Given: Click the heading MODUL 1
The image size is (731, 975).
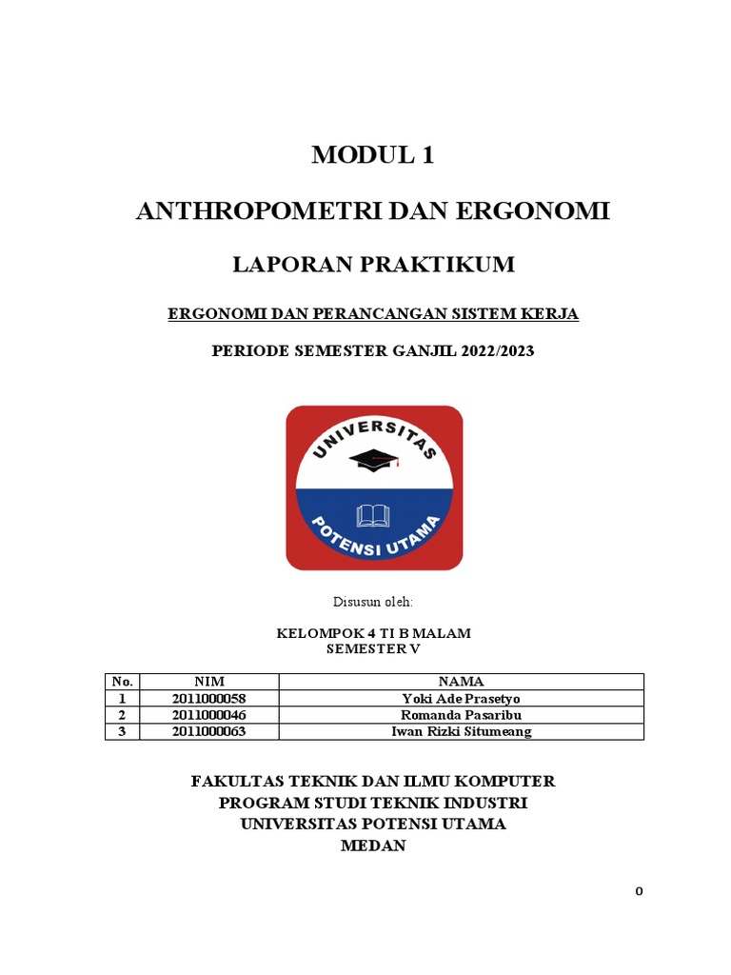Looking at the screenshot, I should pyautogui.click(x=373, y=156).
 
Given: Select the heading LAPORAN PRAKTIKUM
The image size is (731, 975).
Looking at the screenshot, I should pyautogui.click(x=373, y=265).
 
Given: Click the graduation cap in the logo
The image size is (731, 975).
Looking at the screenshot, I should pyautogui.click(x=374, y=461).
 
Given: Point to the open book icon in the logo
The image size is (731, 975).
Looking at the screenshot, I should pyautogui.click(x=373, y=516).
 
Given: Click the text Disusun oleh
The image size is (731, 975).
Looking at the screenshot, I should pyautogui.click(x=372, y=603).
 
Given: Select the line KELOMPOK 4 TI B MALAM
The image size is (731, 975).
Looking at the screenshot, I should pyautogui.click(x=373, y=633).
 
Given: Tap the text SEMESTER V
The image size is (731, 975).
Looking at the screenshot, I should pyautogui.click(x=373, y=648).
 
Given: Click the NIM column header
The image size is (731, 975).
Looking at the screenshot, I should pyautogui.click(x=209, y=682).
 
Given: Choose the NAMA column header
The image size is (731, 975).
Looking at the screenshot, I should pyautogui.click(x=461, y=682).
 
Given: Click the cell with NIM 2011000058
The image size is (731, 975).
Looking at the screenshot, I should pyautogui.click(x=209, y=699).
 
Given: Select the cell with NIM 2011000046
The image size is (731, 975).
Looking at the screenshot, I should pyautogui.click(x=209, y=715).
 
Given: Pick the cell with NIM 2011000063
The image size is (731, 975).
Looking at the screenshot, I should pyautogui.click(x=209, y=731).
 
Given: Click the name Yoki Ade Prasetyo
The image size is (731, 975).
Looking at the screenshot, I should pyautogui.click(x=461, y=699).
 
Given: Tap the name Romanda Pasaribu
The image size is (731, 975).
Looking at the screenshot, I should pyautogui.click(x=461, y=715).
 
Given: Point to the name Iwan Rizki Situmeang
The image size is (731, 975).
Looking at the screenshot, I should pyautogui.click(x=461, y=731).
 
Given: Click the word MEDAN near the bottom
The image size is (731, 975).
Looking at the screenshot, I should pyautogui.click(x=373, y=846).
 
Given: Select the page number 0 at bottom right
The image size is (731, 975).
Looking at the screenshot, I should pyautogui.click(x=640, y=892).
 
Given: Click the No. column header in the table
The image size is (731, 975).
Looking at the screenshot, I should pyautogui.click(x=122, y=682).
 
